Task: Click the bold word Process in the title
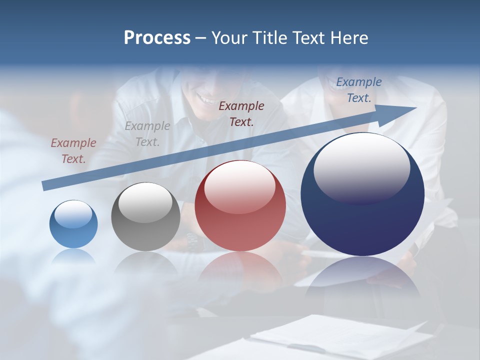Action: pyautogui.click(x=157, y=38)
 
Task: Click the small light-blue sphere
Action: pyautogui.click(x=73, y=224)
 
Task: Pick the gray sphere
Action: pyautogui.click(x=145, y=217)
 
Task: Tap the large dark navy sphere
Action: pyautogui.click(x=362, y=195)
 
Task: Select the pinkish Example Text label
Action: pyautogui.click(x=73, y=151)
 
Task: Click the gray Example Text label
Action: pyautogui.click(x=147, y=134)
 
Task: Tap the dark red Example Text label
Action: pyautogui.click(x=241, y=113)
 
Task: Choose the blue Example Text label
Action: pyautogui.click(x=359, y=90)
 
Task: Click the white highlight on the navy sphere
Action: pyautogui.click(x=361, y=167)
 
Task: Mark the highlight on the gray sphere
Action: pyautogui.click(x=145, y=201)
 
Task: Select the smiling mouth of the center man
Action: pyautogui.click(x=205, y=98)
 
